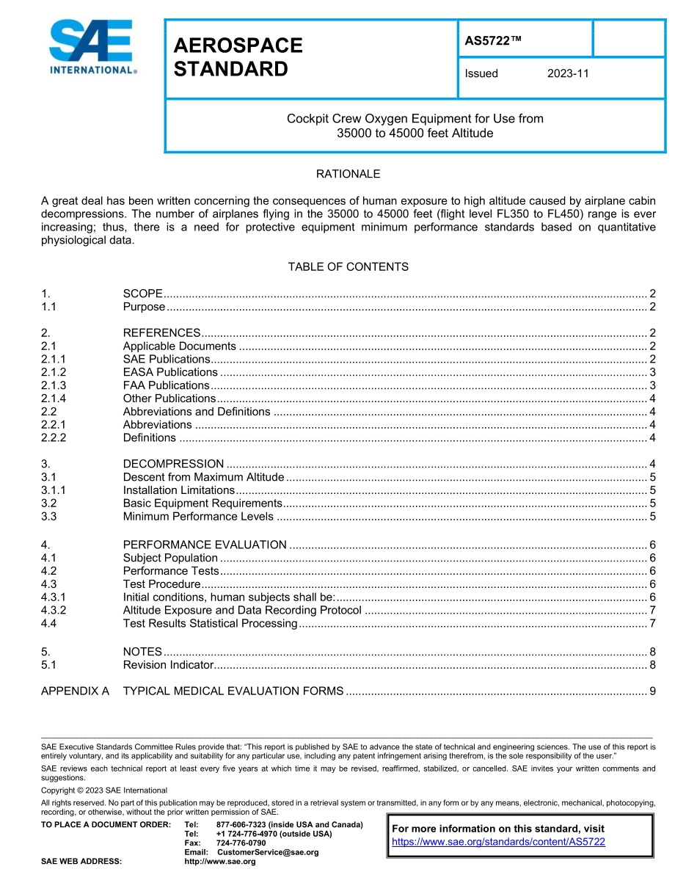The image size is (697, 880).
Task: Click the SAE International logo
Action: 92,47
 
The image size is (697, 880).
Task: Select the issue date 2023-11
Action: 568,73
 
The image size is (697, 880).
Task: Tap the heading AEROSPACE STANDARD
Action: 238,57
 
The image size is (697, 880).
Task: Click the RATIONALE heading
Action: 348,174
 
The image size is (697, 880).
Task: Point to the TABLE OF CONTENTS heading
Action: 348,266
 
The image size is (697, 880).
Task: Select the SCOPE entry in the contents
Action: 142,294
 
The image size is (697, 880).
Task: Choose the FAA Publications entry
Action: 166,385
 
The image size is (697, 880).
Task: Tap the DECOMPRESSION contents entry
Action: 173,464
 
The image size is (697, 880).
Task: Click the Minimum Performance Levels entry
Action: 198,516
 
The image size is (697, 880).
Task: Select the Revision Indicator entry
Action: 168,665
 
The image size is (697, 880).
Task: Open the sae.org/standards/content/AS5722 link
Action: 498,842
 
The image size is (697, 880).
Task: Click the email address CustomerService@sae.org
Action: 267,852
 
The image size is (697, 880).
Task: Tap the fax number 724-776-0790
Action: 241,843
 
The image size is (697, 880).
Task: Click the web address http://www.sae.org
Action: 219,861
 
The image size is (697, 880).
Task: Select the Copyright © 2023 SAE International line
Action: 104,790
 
